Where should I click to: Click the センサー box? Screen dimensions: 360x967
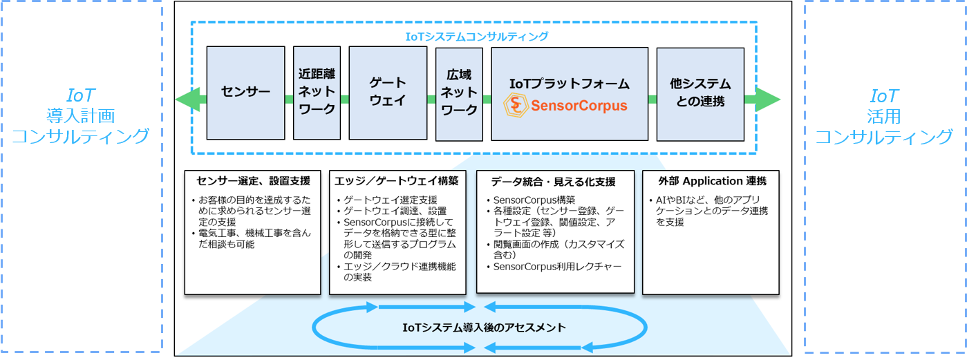pos(245,93)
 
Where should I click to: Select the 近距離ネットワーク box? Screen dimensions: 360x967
pos(317,93)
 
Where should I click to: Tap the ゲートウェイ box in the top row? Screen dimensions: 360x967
pos(387,93)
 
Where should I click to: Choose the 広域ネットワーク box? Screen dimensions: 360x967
pos(459,93)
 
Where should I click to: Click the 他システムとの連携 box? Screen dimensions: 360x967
pos(700,93)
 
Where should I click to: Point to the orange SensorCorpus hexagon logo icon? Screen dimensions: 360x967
pos(515,106)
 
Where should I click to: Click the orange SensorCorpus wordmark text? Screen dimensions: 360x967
pos(578,106)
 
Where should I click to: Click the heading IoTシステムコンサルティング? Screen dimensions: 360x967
pos(476,36)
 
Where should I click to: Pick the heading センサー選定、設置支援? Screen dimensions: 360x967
pos(253,181)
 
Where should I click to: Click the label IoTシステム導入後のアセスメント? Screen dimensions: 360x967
pos(484,327)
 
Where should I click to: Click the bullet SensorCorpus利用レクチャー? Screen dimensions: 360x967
pos(557,267)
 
